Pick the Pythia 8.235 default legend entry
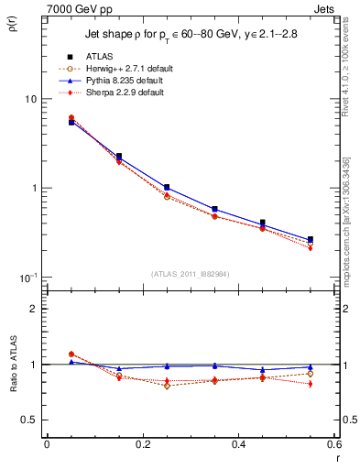128,81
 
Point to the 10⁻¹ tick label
27,278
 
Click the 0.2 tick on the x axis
142,444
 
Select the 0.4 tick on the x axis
238,444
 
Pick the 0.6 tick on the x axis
333,444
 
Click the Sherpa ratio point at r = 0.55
311,384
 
